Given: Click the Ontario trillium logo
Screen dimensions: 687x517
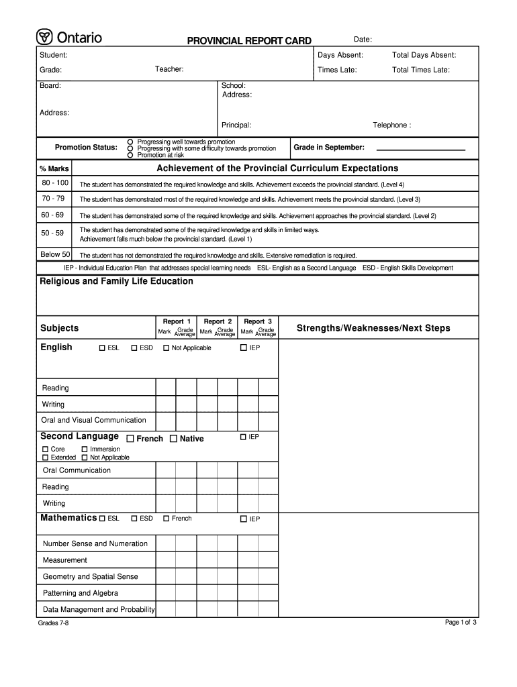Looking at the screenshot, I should pos(45,38).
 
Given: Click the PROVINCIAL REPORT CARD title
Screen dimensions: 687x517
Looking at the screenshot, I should pos(248,41).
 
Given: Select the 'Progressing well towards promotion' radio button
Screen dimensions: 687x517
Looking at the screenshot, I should pos(131,142).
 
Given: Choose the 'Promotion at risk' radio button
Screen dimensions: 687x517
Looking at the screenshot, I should pos(131,155).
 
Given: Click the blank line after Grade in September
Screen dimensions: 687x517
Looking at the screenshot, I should pos(420,148).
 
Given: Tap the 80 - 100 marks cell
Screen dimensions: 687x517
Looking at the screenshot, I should pos(55,183).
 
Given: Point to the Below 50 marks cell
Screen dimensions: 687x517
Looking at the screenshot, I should pos(55,254).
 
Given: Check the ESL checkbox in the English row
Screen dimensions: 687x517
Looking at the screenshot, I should pos(102,348).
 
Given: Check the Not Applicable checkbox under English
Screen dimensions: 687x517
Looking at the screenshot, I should pos(167,348).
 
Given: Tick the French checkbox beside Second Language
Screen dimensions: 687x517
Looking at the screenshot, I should pos(130,439).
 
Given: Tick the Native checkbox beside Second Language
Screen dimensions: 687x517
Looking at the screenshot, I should pos(173,439).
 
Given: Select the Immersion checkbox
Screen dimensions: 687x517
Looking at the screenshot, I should pos(85,450).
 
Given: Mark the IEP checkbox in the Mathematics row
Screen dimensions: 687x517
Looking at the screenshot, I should pos(244,519).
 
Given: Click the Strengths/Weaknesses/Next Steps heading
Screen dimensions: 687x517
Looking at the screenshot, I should pos(373,328).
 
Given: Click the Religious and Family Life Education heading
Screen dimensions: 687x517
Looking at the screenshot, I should pos(117,281).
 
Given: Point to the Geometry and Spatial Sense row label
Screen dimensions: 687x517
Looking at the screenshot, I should pos(91,576).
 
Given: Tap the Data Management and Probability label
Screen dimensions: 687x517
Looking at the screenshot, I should pos(99,609).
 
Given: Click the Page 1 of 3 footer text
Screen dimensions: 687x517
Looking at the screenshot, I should pos(461,623).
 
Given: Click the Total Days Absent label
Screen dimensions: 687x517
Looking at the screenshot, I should pos(424,55).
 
